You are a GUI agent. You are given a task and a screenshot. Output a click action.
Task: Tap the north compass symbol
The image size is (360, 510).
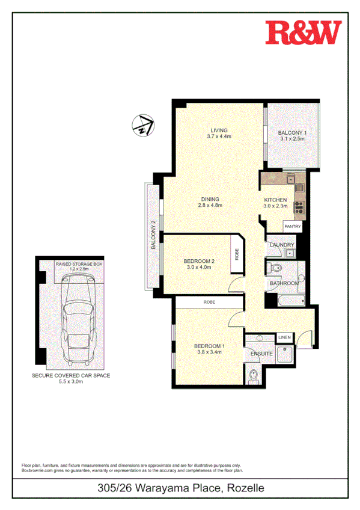(143, 125)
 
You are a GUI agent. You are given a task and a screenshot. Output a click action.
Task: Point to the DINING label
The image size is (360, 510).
(210, 199)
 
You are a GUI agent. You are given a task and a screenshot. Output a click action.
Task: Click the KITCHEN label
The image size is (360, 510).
(276, 200)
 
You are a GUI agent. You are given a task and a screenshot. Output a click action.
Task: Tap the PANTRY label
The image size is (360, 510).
(293, 226)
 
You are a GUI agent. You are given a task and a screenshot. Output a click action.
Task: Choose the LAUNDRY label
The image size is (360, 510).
(282, 245)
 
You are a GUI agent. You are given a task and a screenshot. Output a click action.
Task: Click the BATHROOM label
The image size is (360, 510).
(284, 283)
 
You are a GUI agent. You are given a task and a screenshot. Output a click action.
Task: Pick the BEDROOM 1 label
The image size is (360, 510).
(209, 346)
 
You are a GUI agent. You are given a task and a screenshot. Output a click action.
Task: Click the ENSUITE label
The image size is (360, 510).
(261, 354)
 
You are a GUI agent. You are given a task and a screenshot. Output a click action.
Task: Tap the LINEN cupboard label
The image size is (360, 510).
(284, 338)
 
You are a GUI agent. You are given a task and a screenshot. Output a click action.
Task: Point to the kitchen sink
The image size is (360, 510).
(290, 178)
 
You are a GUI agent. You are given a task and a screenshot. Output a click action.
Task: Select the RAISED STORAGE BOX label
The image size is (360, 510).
(79, 264)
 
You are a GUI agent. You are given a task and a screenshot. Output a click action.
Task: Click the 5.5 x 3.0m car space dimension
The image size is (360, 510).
(71, 381)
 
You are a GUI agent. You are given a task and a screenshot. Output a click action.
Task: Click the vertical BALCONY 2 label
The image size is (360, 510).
(153, 235)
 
